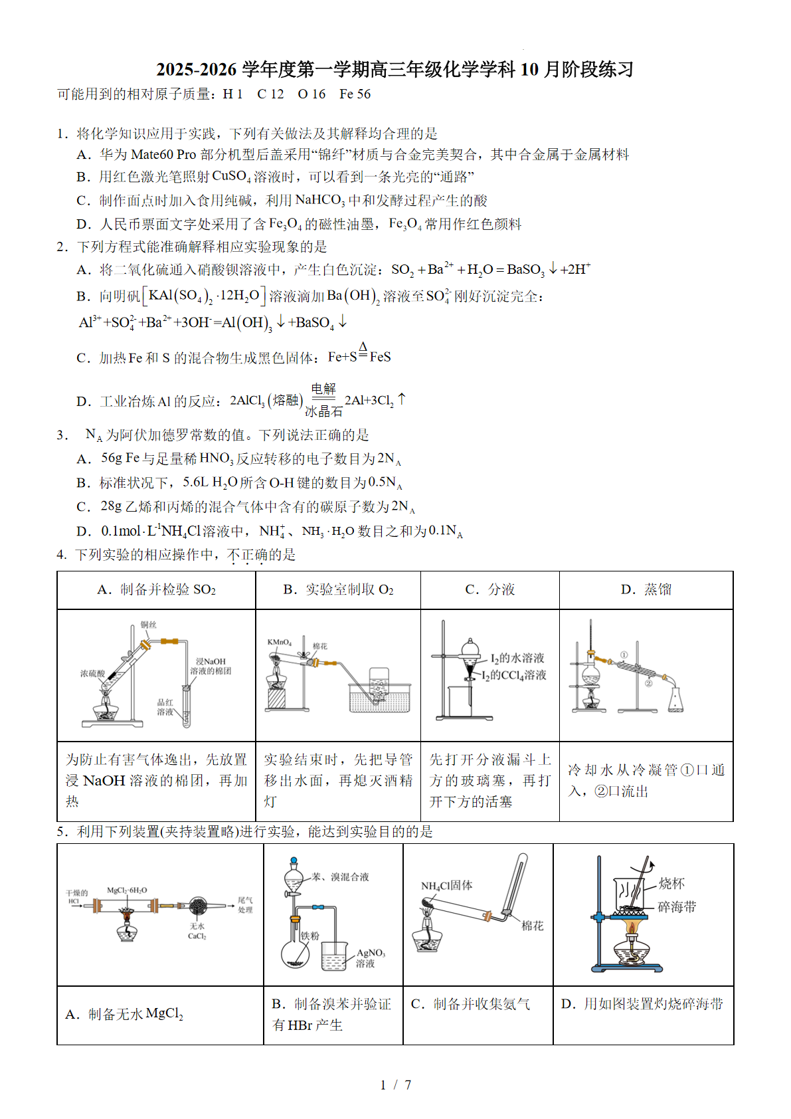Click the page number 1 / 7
(x=395, y=1084)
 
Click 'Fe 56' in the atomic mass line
(x=355, y=94)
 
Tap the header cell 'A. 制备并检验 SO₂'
(x=156, y=589)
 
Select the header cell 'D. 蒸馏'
(x=646, y=589)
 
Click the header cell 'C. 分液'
(x=489, y=589)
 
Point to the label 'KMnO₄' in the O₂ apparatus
(x=279, y=642)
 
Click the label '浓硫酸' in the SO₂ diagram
(x=92, y=673)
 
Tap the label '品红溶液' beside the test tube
(x=165, y=707)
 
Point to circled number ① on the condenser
(x=624, y=655)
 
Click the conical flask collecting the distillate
(x=675, y=700)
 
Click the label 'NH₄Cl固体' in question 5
(x=446, y=885)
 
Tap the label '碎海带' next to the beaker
(x=676, y=906)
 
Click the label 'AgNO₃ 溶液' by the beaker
(x=370, y=958)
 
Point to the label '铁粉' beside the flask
(x=309, y=936)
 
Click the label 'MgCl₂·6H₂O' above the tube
(x=127, y=890)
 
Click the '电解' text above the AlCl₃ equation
(x=323, y=389)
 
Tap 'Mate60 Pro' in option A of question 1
(x=163, y=155)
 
